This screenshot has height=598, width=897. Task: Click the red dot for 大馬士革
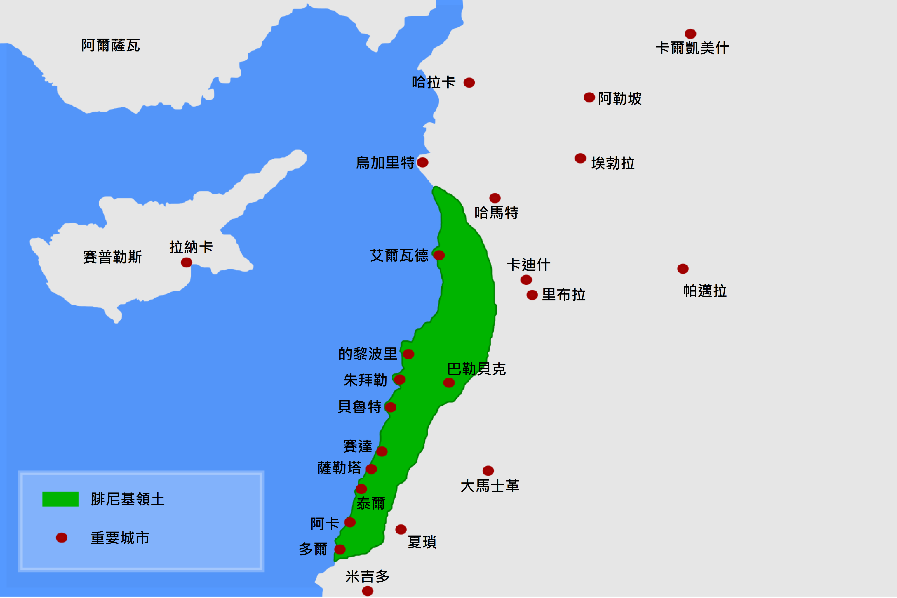point(488,471)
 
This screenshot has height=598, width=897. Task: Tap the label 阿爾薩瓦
point(111,45)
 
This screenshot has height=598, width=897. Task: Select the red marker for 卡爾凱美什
point(690,33)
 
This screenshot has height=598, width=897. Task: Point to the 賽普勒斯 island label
point(112,257)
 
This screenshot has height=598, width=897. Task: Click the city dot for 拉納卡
point(186,263)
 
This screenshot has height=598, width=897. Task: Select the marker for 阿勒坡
point(589,97)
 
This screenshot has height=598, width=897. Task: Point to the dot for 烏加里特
point(422,162)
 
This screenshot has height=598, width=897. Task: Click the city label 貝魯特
point(359,407)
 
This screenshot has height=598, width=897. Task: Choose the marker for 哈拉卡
point(469,82)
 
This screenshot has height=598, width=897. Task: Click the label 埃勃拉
point(613,163)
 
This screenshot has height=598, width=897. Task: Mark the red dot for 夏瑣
point(401,529)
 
